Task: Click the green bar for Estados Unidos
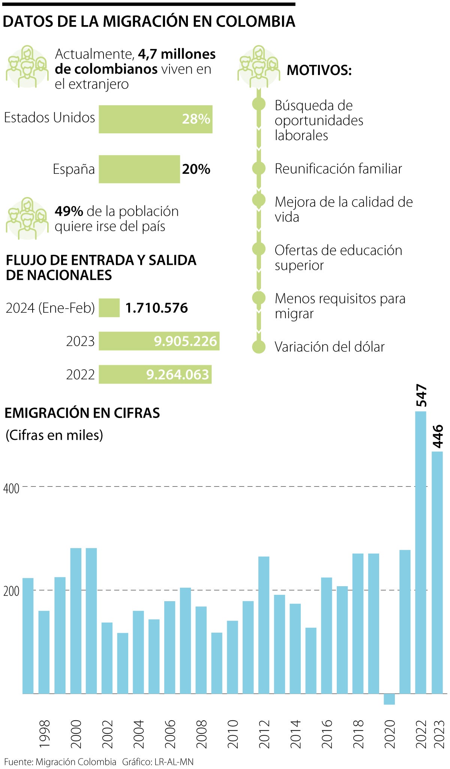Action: (x=155, y=119)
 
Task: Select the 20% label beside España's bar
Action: (x=196, y=169)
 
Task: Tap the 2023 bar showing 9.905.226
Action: (x=159, y=341)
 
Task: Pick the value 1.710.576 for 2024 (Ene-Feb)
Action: (x=156, y=308)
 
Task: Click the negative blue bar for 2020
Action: (x=389, y=699)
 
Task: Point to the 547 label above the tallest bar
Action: (x=421, y=395)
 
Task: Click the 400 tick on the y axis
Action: (x=11, y=488)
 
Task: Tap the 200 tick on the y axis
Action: (x=11, y=591)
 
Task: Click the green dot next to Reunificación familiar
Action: (x=259, y=169)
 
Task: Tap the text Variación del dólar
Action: (x=329, y=347)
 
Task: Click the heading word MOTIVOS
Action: (x=319, y=70)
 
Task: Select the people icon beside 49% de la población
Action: (x=27, y=218)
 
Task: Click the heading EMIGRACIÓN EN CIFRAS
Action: (x=82, y=413)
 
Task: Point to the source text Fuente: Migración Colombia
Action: (x=60, y=762)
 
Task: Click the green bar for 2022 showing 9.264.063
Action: (x=155, y=374)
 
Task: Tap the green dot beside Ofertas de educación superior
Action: (x=259, y=249)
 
